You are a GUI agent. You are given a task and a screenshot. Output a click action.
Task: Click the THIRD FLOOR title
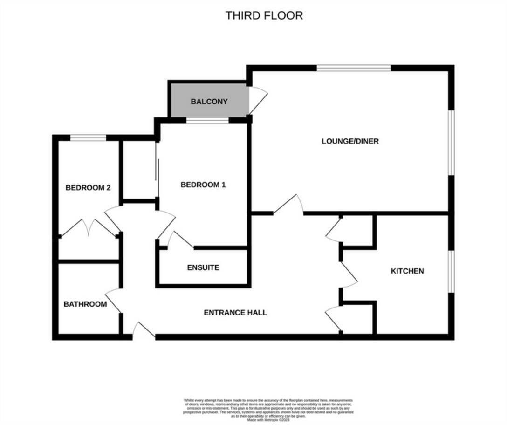pos(264,15)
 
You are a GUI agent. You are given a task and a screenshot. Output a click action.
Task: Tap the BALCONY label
pos(209,102)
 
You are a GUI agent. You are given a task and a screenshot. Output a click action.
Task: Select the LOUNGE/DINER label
pos(350,141)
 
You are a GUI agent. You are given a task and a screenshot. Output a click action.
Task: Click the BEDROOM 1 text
pos(203,185)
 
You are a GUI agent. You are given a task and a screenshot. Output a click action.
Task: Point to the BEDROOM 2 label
pos(88,188)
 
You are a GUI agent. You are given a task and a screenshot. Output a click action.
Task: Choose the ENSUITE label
pos(203,268)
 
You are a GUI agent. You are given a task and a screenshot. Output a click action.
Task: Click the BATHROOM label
pos(85,304)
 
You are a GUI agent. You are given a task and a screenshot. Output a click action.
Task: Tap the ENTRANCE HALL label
pos(235,313)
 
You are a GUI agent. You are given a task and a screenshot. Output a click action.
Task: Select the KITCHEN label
pos(407,271)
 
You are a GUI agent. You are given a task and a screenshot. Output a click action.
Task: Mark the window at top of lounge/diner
pos(354,69)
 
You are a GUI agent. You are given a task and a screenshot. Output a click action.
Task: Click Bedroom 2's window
pos(88,137)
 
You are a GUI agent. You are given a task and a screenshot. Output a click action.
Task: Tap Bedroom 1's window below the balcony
pos(207,121)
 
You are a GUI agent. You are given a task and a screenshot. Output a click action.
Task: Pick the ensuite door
pos(180,240)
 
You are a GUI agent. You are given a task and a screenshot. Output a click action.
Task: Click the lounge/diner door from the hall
pos(289,205)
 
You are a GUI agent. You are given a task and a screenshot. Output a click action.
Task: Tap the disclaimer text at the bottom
pos(268,410)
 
